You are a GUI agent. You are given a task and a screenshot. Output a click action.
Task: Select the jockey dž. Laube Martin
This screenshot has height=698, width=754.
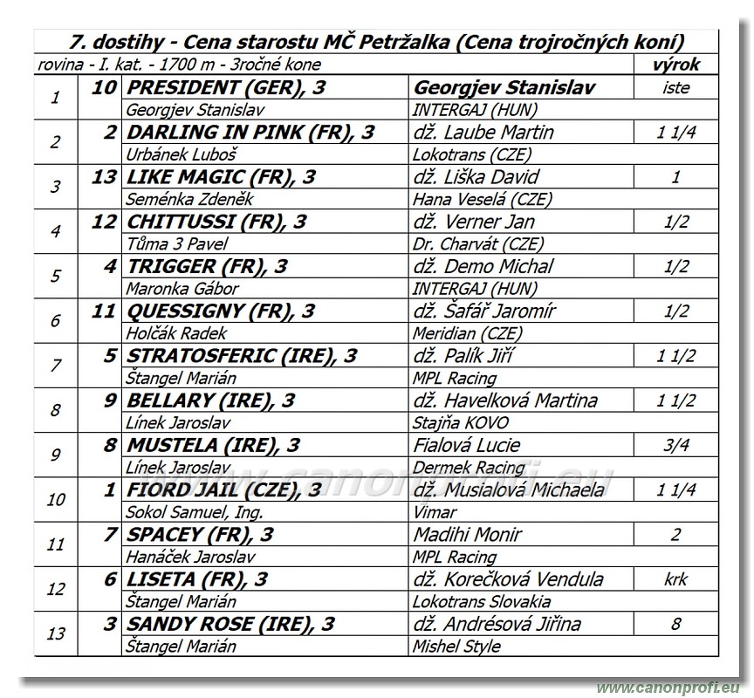[x=483, y=133]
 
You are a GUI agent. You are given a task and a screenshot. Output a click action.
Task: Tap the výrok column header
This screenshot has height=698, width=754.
[x=675, y=65]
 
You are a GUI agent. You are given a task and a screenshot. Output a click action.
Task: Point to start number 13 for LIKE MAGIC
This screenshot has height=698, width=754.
[x=103, y=177]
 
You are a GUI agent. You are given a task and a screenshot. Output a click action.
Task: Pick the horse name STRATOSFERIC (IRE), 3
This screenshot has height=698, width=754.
[x=242, y=356]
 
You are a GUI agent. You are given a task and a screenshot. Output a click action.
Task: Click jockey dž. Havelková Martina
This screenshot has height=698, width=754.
[x=505, y=400]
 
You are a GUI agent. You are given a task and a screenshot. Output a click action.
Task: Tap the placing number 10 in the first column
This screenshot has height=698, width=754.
[x=56, y=500]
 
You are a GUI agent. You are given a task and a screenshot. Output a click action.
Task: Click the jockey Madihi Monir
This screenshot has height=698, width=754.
[x=467, y=534]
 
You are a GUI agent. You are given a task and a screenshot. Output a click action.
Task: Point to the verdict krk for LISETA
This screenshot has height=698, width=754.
[x=675, y=579]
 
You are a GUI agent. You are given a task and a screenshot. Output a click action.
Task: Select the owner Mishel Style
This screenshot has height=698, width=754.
[x=456, y=647]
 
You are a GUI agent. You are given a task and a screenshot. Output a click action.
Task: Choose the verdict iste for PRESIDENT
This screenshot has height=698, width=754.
[x=675, y=87]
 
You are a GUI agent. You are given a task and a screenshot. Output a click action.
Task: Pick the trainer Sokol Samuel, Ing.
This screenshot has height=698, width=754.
[x=194, y=512]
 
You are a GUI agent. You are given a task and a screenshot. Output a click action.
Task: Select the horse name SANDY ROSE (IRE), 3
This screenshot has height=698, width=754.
[x=230, y=624]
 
